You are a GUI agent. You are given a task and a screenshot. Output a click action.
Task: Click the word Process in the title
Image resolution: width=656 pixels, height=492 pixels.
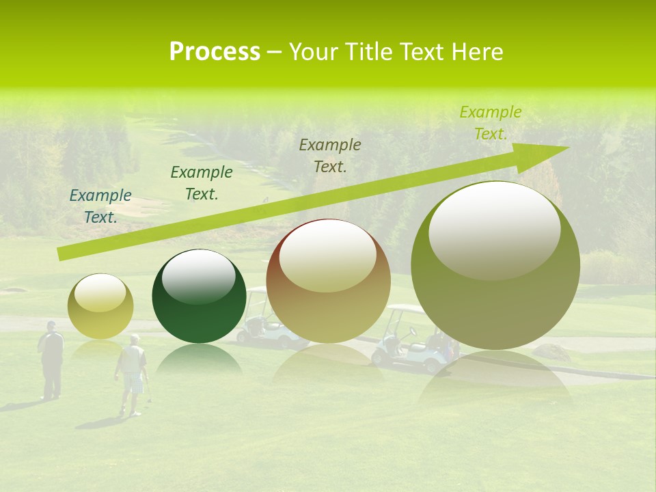(x=215, y=52)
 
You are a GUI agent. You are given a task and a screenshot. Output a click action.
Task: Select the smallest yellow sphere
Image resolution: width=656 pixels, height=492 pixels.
(x=100, y=307)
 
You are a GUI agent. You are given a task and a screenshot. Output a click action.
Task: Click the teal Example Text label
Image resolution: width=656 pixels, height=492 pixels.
(x=100, y=206)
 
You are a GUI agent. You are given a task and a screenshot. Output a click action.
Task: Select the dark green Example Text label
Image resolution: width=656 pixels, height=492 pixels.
(x=202, y=183)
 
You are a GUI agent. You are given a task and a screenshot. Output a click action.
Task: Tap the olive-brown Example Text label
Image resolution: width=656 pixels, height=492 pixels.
(x=330, y=155)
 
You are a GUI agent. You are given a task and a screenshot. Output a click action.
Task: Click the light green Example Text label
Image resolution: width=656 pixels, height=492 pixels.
(x=491, y=123)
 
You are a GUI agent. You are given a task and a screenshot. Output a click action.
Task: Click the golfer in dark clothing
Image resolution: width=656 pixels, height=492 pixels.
(x=51, y=359)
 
